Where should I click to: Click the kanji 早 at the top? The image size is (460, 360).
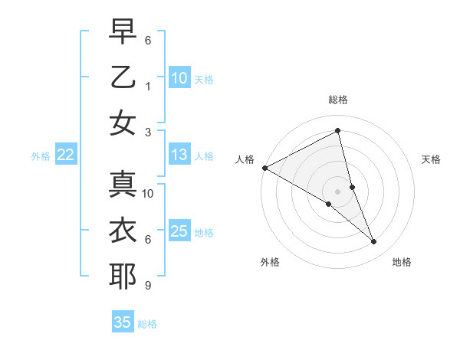tap(123, 33)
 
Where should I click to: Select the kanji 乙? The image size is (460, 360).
tap(123, 78)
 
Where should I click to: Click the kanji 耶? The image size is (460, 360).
tap(123, 277)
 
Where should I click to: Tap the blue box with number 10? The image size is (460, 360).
tap(179, 78)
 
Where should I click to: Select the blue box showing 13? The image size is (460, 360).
tap(179, 155)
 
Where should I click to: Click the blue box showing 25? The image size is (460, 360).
tap(179, 231)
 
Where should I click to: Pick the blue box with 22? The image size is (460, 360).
tap(65, 155)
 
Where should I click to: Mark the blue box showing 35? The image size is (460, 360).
tap(123, 322)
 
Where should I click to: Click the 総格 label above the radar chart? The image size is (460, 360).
tap(338, 100)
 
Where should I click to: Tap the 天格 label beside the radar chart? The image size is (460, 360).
tap(432, 159)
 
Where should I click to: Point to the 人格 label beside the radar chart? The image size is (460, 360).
tap(245, 159)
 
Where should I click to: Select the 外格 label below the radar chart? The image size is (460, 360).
tap(270, 262)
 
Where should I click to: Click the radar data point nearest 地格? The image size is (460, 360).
tap(374, 242)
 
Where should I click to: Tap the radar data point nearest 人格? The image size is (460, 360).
tap(264, 168)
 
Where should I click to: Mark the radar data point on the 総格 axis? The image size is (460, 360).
tap(338, 131)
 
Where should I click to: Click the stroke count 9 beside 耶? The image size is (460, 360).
tap(147, 286)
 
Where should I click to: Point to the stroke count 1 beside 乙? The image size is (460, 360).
tap(147, 87)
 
